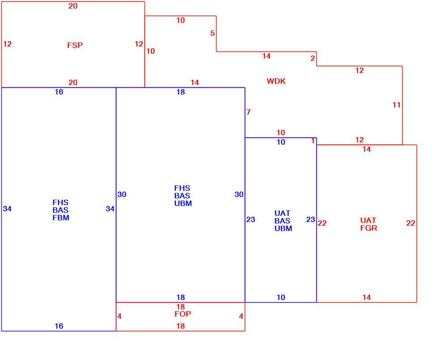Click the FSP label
75,45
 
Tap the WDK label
276,81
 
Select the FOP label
183,314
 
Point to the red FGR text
368,228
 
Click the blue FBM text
61,218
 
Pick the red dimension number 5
213,34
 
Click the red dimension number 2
312,58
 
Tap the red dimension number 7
248,112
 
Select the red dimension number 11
396,105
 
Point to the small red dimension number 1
313,141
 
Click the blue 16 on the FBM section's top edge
59,92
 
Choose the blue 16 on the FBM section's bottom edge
59,326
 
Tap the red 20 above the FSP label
73,6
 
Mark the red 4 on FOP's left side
119,316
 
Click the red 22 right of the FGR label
410,223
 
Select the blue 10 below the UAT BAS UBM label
281,297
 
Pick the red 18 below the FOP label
180,326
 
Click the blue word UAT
282,213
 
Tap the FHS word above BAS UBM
182,188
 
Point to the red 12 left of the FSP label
7,44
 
